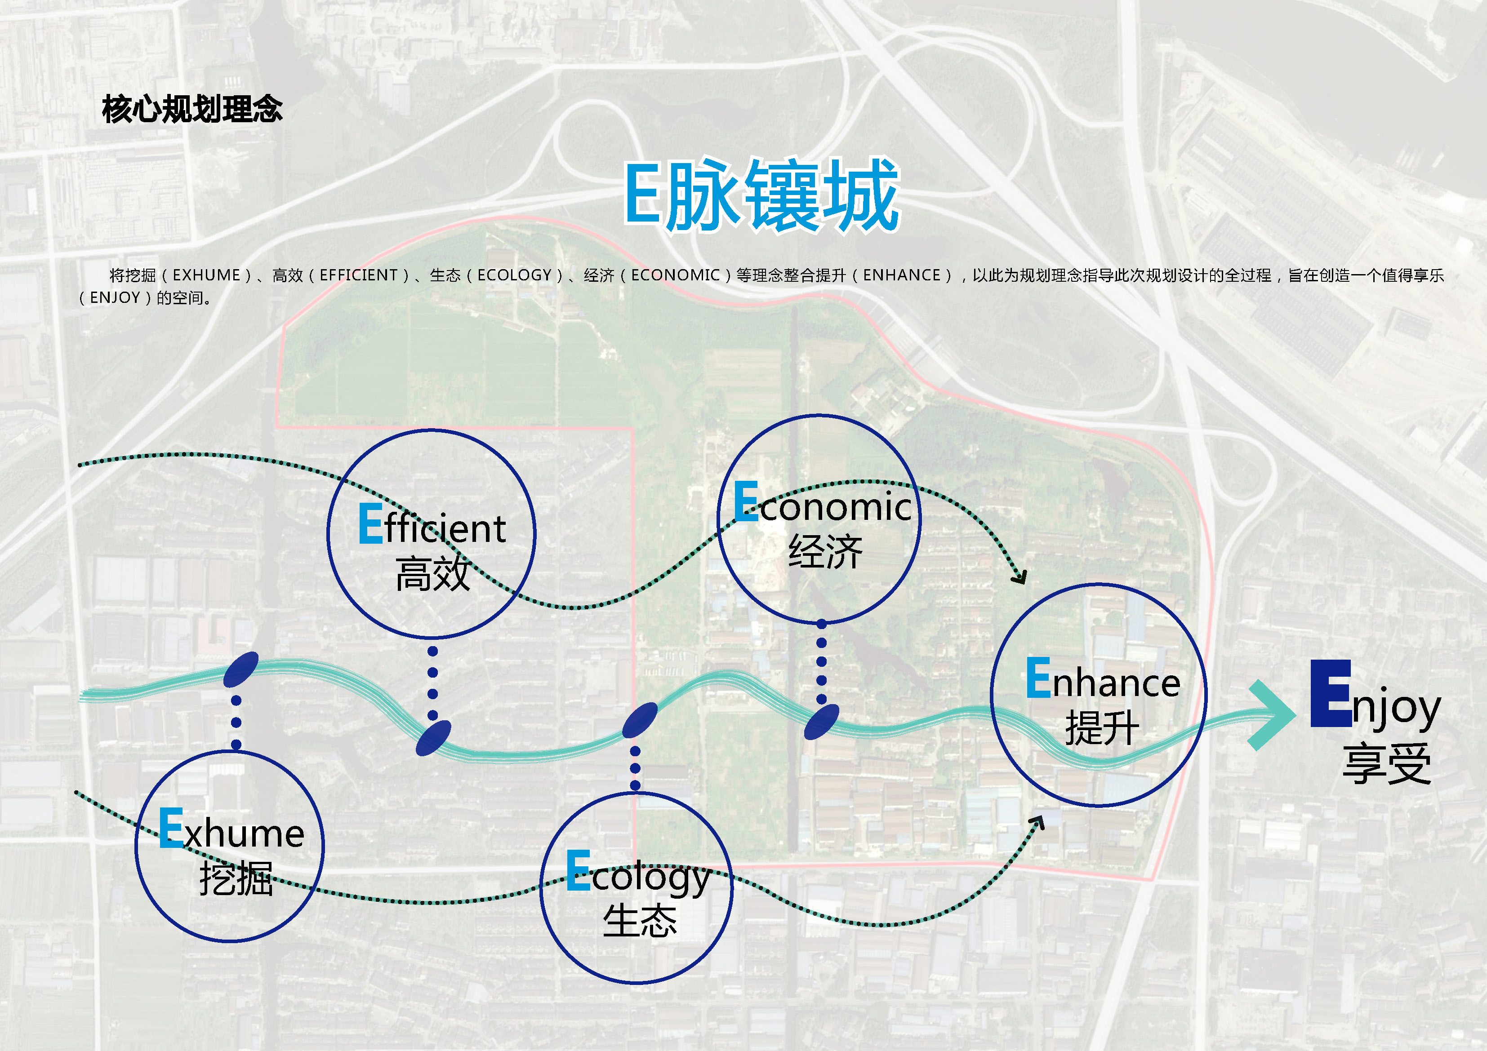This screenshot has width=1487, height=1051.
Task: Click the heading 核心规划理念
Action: [192, 109]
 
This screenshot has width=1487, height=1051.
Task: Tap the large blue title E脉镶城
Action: [761, 195]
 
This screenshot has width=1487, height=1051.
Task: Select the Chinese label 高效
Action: [432, 574]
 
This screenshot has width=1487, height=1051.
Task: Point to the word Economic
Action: [823, 504]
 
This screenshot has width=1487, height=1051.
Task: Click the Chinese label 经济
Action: [825, 552]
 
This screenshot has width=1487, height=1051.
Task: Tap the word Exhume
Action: [231, 829]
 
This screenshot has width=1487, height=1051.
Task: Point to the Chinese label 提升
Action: [1102, 728]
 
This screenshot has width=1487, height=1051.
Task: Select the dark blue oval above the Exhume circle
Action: [241, 670]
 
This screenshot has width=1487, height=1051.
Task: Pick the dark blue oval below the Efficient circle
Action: [433, 738]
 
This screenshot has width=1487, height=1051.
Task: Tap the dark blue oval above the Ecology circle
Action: [640, 720]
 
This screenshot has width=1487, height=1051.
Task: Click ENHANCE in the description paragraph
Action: [902, 275]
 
